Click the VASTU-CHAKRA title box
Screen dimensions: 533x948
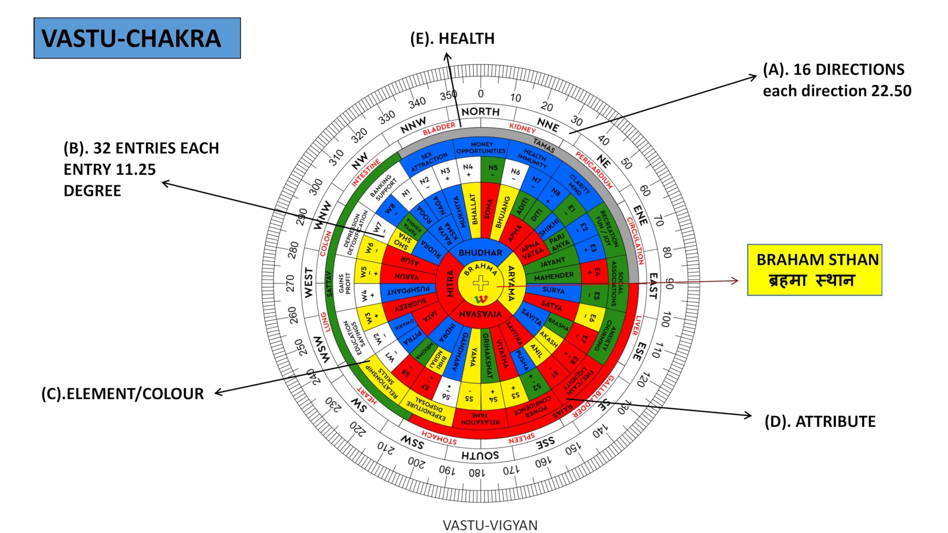pyautogui.click(x=137, y=38)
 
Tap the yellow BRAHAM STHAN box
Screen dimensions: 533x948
pyautogui.click(x=814, y=269)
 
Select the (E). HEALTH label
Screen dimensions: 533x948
pyautogui.click(x=452, y=38)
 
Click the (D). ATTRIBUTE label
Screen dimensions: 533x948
pyautogui.click(x=820, y=422)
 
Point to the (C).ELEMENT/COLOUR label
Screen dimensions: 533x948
pyautogui.click(x=123, y=393)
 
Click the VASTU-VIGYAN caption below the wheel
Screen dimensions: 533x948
pyautogui.click(x=490, y=525)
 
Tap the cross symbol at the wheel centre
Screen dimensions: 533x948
pyautogui.click(x=480, y=283)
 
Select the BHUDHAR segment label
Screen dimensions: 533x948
pyautogui.click(x=480, y=253)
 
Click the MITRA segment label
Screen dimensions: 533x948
pyautogui.click(x=450, y=284)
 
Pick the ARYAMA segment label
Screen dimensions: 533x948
pyautogui.click(x=511, y=284)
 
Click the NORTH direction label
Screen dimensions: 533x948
pyautogui.click(x=480, y=111)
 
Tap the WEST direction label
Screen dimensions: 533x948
pyautogui.click(x=308, y=283)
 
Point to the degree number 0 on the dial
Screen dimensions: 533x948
pyautogui.click(x=480, y=94)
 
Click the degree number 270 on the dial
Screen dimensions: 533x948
pyautogui.click(x=291, y=283)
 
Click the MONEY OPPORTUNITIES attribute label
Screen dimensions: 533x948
pyautogui.click(x=481, y=148)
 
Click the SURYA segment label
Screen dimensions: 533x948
pyautogui.click(x=553, y=290)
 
